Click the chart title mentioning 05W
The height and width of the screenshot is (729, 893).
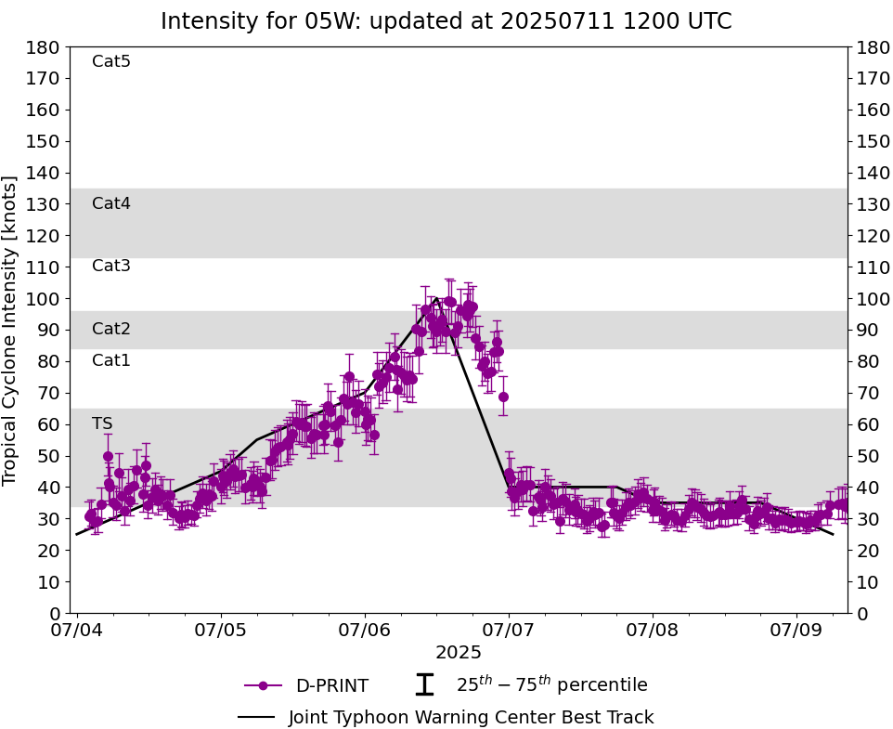pos(446,21)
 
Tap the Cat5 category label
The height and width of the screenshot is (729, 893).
pos(111,62)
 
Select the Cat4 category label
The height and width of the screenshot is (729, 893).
pos(111,204)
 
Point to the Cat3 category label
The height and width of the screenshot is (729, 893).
pos(111,267)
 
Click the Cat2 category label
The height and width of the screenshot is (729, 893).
pos(111,330)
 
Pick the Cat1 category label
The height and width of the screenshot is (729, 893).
pos(111,361)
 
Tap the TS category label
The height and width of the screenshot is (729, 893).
pos(102,424)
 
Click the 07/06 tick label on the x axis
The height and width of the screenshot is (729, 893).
pos(365,631)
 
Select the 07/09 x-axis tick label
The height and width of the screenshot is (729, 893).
pos(796,631)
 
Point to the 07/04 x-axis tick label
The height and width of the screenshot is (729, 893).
pos(77,631)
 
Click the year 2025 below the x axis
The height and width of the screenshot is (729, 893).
pos(459,653)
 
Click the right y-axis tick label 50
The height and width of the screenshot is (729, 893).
pos(864,456)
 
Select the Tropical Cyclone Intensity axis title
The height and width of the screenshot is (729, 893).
pos(11,331)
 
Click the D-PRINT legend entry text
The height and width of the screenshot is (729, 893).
pos(331,686)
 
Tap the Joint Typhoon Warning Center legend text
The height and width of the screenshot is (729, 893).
pos(471,718)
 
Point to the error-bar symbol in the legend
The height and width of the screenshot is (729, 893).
pos(424,685)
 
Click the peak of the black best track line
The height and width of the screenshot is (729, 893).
pos(436,298)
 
